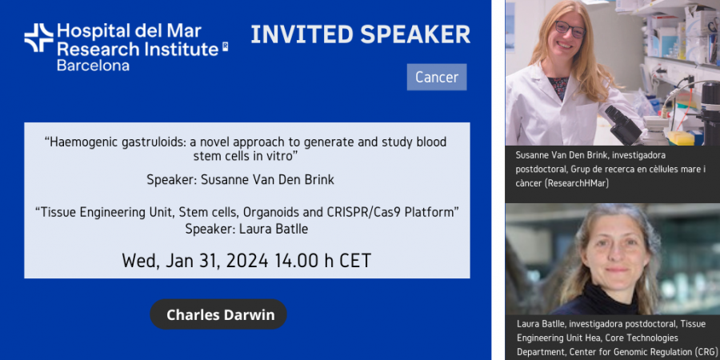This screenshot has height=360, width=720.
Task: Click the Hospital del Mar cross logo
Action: [39, 38]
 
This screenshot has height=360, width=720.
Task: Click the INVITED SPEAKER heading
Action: [361, 34]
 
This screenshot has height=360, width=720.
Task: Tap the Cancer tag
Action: [437, 77]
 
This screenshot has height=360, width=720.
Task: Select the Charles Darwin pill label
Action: [218, 314]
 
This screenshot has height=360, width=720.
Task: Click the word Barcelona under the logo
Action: [94, 66]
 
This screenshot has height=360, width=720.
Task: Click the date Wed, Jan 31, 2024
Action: [195, 260]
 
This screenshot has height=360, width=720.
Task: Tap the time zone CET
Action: [355, 260]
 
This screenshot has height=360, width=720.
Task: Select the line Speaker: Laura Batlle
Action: [246, 229]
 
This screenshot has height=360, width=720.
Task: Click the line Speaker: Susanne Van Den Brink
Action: [241, 179]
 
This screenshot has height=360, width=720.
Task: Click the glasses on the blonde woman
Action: [570, 29]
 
